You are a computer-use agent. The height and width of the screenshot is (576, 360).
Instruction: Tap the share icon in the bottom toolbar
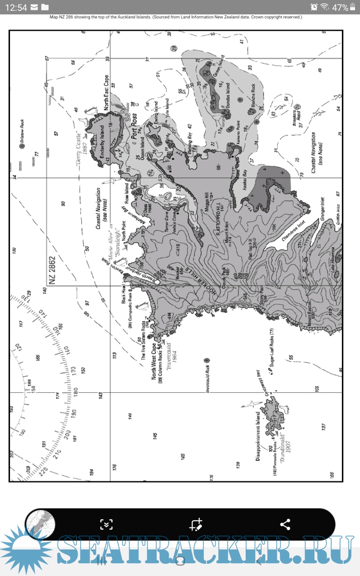point(285,524)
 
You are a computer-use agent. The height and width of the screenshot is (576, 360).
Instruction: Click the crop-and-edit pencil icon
point(196,524)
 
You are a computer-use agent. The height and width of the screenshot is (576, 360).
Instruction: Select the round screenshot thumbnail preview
point(40,525)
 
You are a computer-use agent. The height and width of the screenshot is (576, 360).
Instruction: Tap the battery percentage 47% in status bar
point(340,7)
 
